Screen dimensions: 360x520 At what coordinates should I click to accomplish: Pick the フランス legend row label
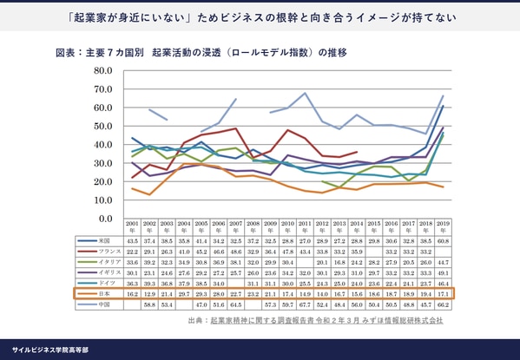pos(108,250)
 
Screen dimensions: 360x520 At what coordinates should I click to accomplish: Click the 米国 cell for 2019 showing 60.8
pos(444,239)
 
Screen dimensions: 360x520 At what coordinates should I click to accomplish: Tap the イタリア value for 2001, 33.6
pos(133,261)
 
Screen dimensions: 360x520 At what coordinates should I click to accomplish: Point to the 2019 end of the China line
pos(444,95)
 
